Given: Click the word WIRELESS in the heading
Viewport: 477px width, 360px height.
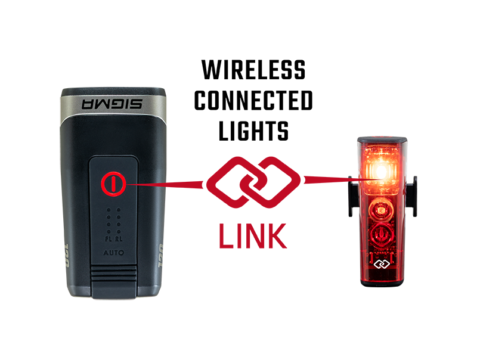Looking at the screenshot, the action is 253,70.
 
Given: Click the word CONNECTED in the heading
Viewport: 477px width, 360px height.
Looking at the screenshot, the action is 253,100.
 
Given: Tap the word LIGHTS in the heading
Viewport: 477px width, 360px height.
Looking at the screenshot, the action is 253,131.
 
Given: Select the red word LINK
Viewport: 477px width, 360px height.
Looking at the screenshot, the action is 253,236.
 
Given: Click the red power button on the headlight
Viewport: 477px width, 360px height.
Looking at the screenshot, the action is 113,184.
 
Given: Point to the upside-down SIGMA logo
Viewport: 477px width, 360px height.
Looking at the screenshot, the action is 112,104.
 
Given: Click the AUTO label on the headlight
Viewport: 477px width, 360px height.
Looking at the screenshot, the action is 113,253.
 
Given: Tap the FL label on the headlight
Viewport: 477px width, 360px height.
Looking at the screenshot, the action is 109,239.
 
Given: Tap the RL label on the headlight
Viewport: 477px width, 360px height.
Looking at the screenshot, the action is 119,239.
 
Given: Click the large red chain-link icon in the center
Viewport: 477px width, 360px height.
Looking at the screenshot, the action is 253,182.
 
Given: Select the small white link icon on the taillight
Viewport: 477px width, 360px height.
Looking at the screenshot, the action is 382,264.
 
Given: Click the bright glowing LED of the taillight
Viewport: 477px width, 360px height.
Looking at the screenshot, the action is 382,172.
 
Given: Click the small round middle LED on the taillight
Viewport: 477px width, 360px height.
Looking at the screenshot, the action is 380,210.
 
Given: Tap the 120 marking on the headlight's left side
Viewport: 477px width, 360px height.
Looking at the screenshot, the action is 67,256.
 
